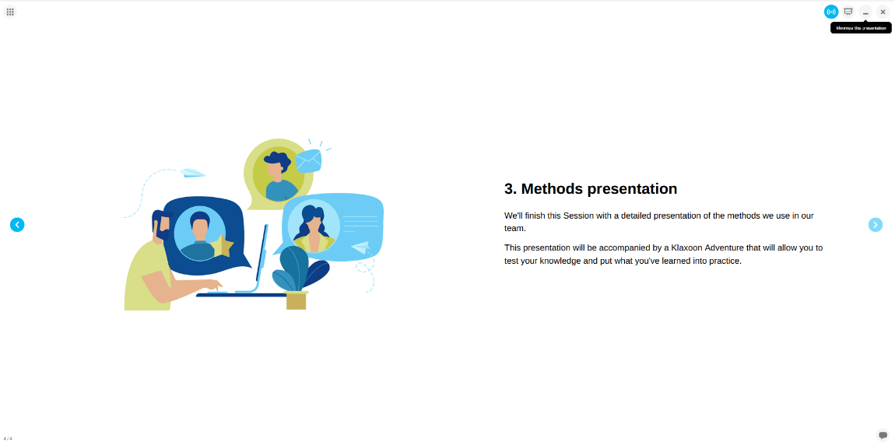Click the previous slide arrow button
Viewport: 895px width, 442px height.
coord(17,225)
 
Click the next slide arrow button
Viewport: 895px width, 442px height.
coord(875,225)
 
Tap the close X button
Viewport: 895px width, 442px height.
coord(883,12)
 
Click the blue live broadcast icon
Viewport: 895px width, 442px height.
coord(831,12)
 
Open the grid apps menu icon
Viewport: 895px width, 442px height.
coord(9,12)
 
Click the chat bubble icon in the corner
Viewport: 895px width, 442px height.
coord(883,434)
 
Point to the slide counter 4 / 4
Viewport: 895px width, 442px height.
coord(8,439)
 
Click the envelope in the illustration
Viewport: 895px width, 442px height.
coord(308,160)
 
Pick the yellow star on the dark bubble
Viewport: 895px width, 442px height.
coord(222,247)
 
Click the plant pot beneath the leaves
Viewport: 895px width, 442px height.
coord(297,300)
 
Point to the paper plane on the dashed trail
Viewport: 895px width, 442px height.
coord(192,173)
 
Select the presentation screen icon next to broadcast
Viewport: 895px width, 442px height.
coord(848,12)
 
